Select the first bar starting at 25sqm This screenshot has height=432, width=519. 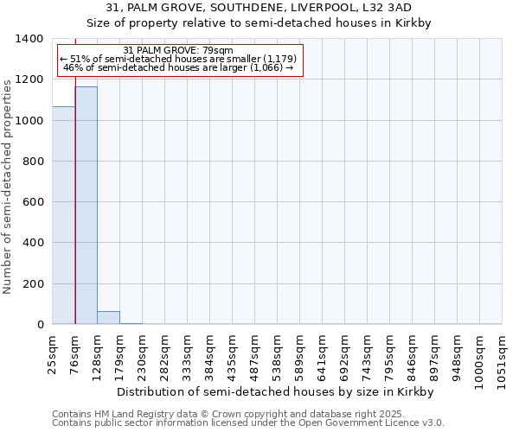(x=64, y=215)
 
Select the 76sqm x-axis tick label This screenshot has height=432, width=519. (x=76, y=351)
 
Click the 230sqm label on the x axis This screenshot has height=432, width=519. (x=143, y=353)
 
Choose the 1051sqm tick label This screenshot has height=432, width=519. (x=502, y=357)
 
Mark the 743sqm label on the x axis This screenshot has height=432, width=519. (x=367, y=353)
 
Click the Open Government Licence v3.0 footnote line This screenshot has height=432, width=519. (x=248, y=423)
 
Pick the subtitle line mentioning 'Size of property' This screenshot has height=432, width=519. (x=259, y=22)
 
